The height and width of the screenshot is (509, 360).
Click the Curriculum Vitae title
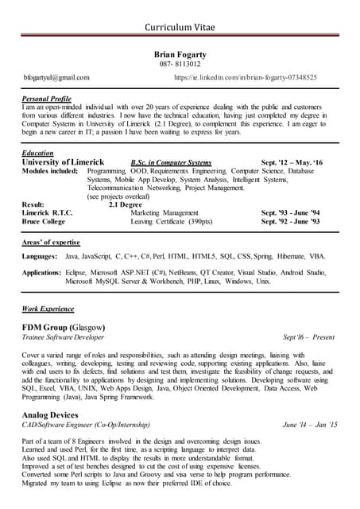point(180,28)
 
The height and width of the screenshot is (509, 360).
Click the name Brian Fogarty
point(180,53)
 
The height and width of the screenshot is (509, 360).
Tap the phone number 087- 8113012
point(180,64)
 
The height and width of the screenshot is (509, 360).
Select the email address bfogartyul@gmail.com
point(56,78)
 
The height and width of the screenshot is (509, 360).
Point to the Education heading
point(38,152)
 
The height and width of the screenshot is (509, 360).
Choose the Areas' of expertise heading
point(51,239)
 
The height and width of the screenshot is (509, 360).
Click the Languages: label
point(40,257)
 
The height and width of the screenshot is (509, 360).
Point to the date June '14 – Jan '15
point(310,425)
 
